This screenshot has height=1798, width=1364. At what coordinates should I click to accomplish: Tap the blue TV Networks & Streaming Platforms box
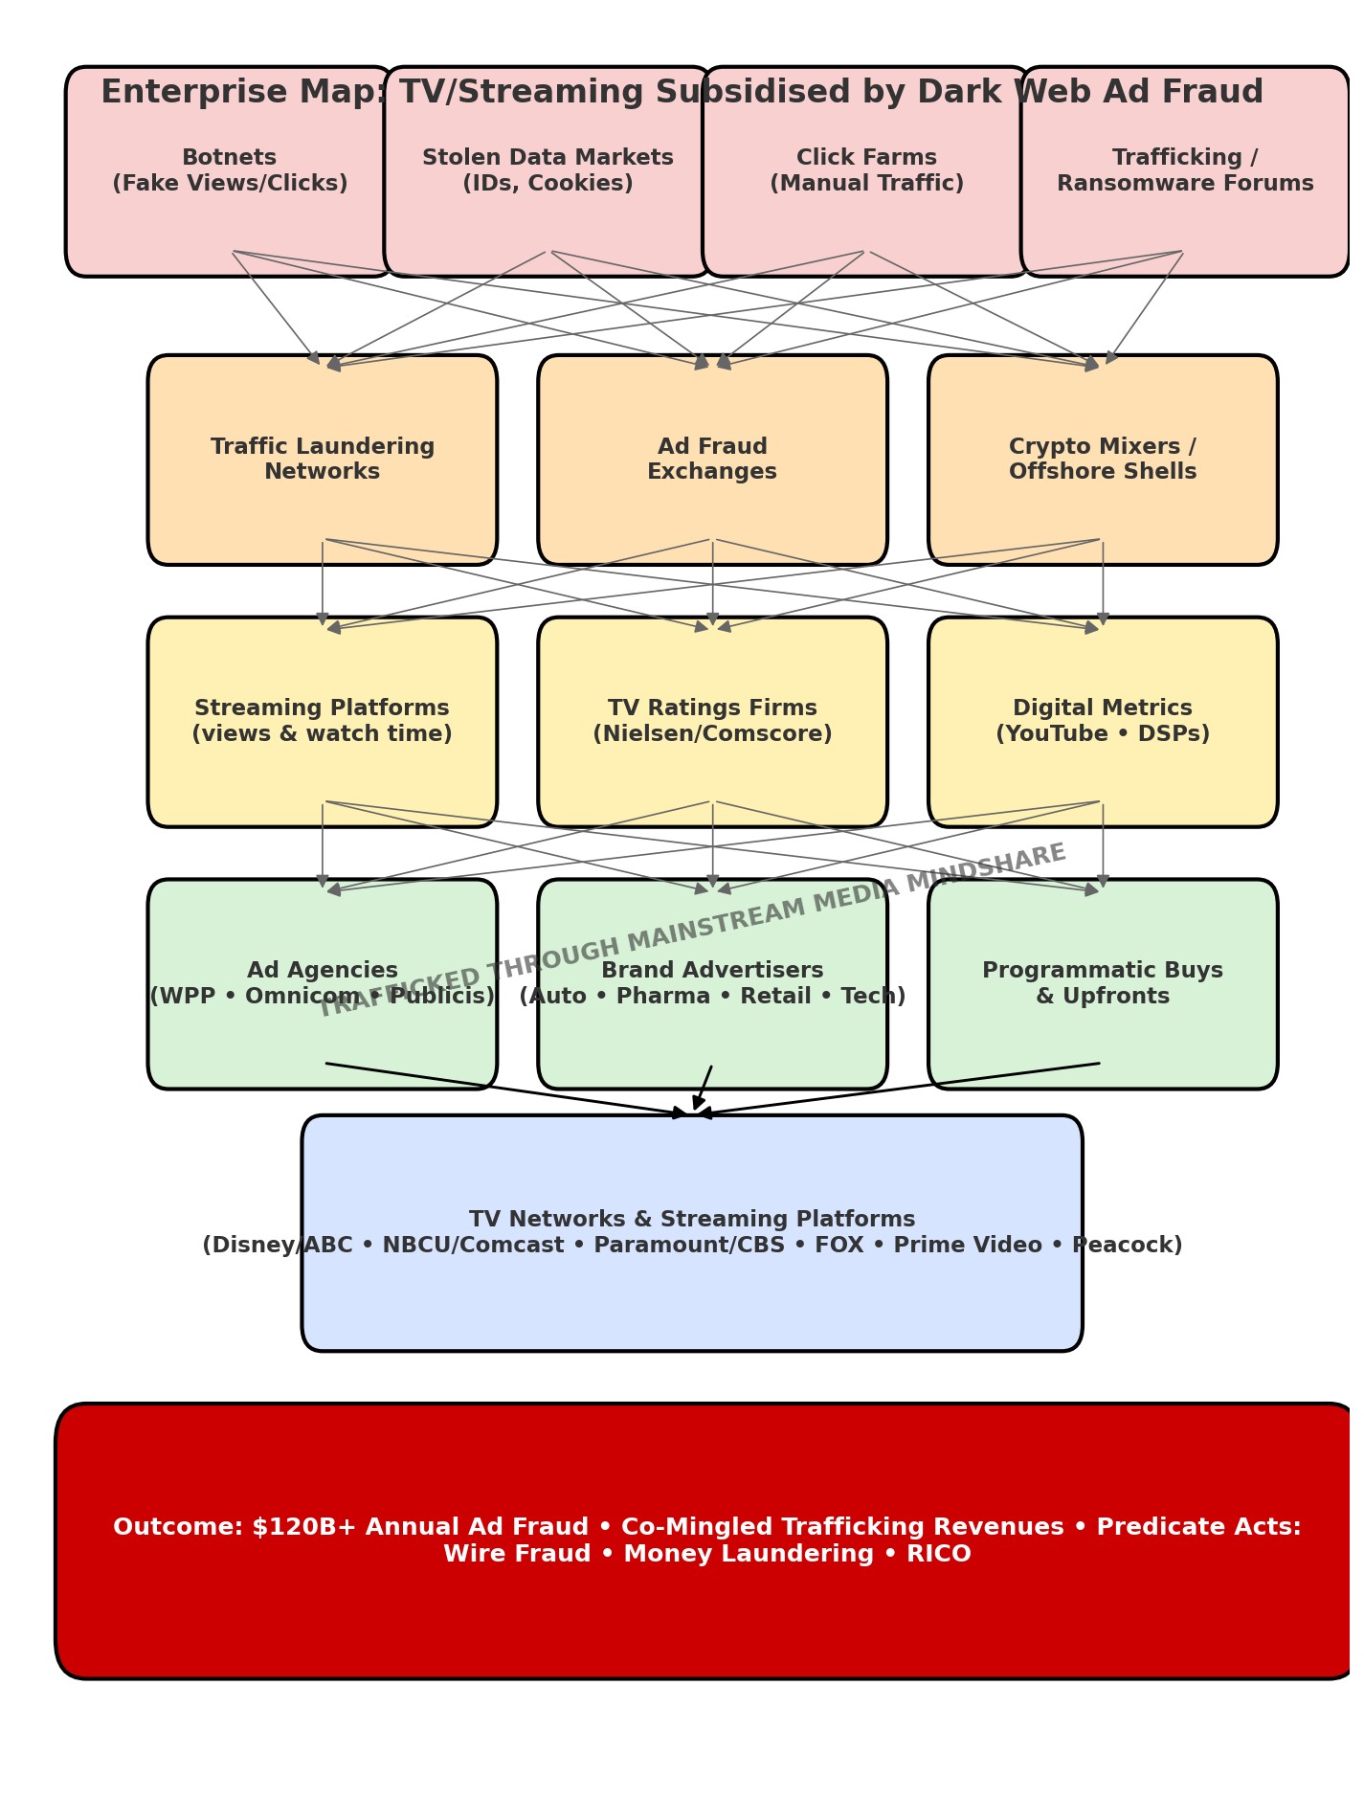click(691, 1283)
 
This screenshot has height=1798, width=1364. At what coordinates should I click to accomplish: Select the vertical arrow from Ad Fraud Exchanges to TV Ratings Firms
click(712, 584)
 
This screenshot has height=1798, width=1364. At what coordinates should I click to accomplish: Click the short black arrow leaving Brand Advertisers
click(704, 1087)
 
